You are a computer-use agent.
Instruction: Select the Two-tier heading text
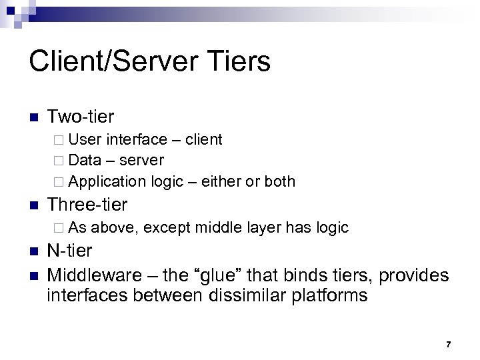click(80, 117)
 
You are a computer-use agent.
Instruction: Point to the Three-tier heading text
click(87, 204)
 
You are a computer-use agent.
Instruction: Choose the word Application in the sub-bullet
click(106, 182)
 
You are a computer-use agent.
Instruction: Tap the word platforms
click(331, 295)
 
